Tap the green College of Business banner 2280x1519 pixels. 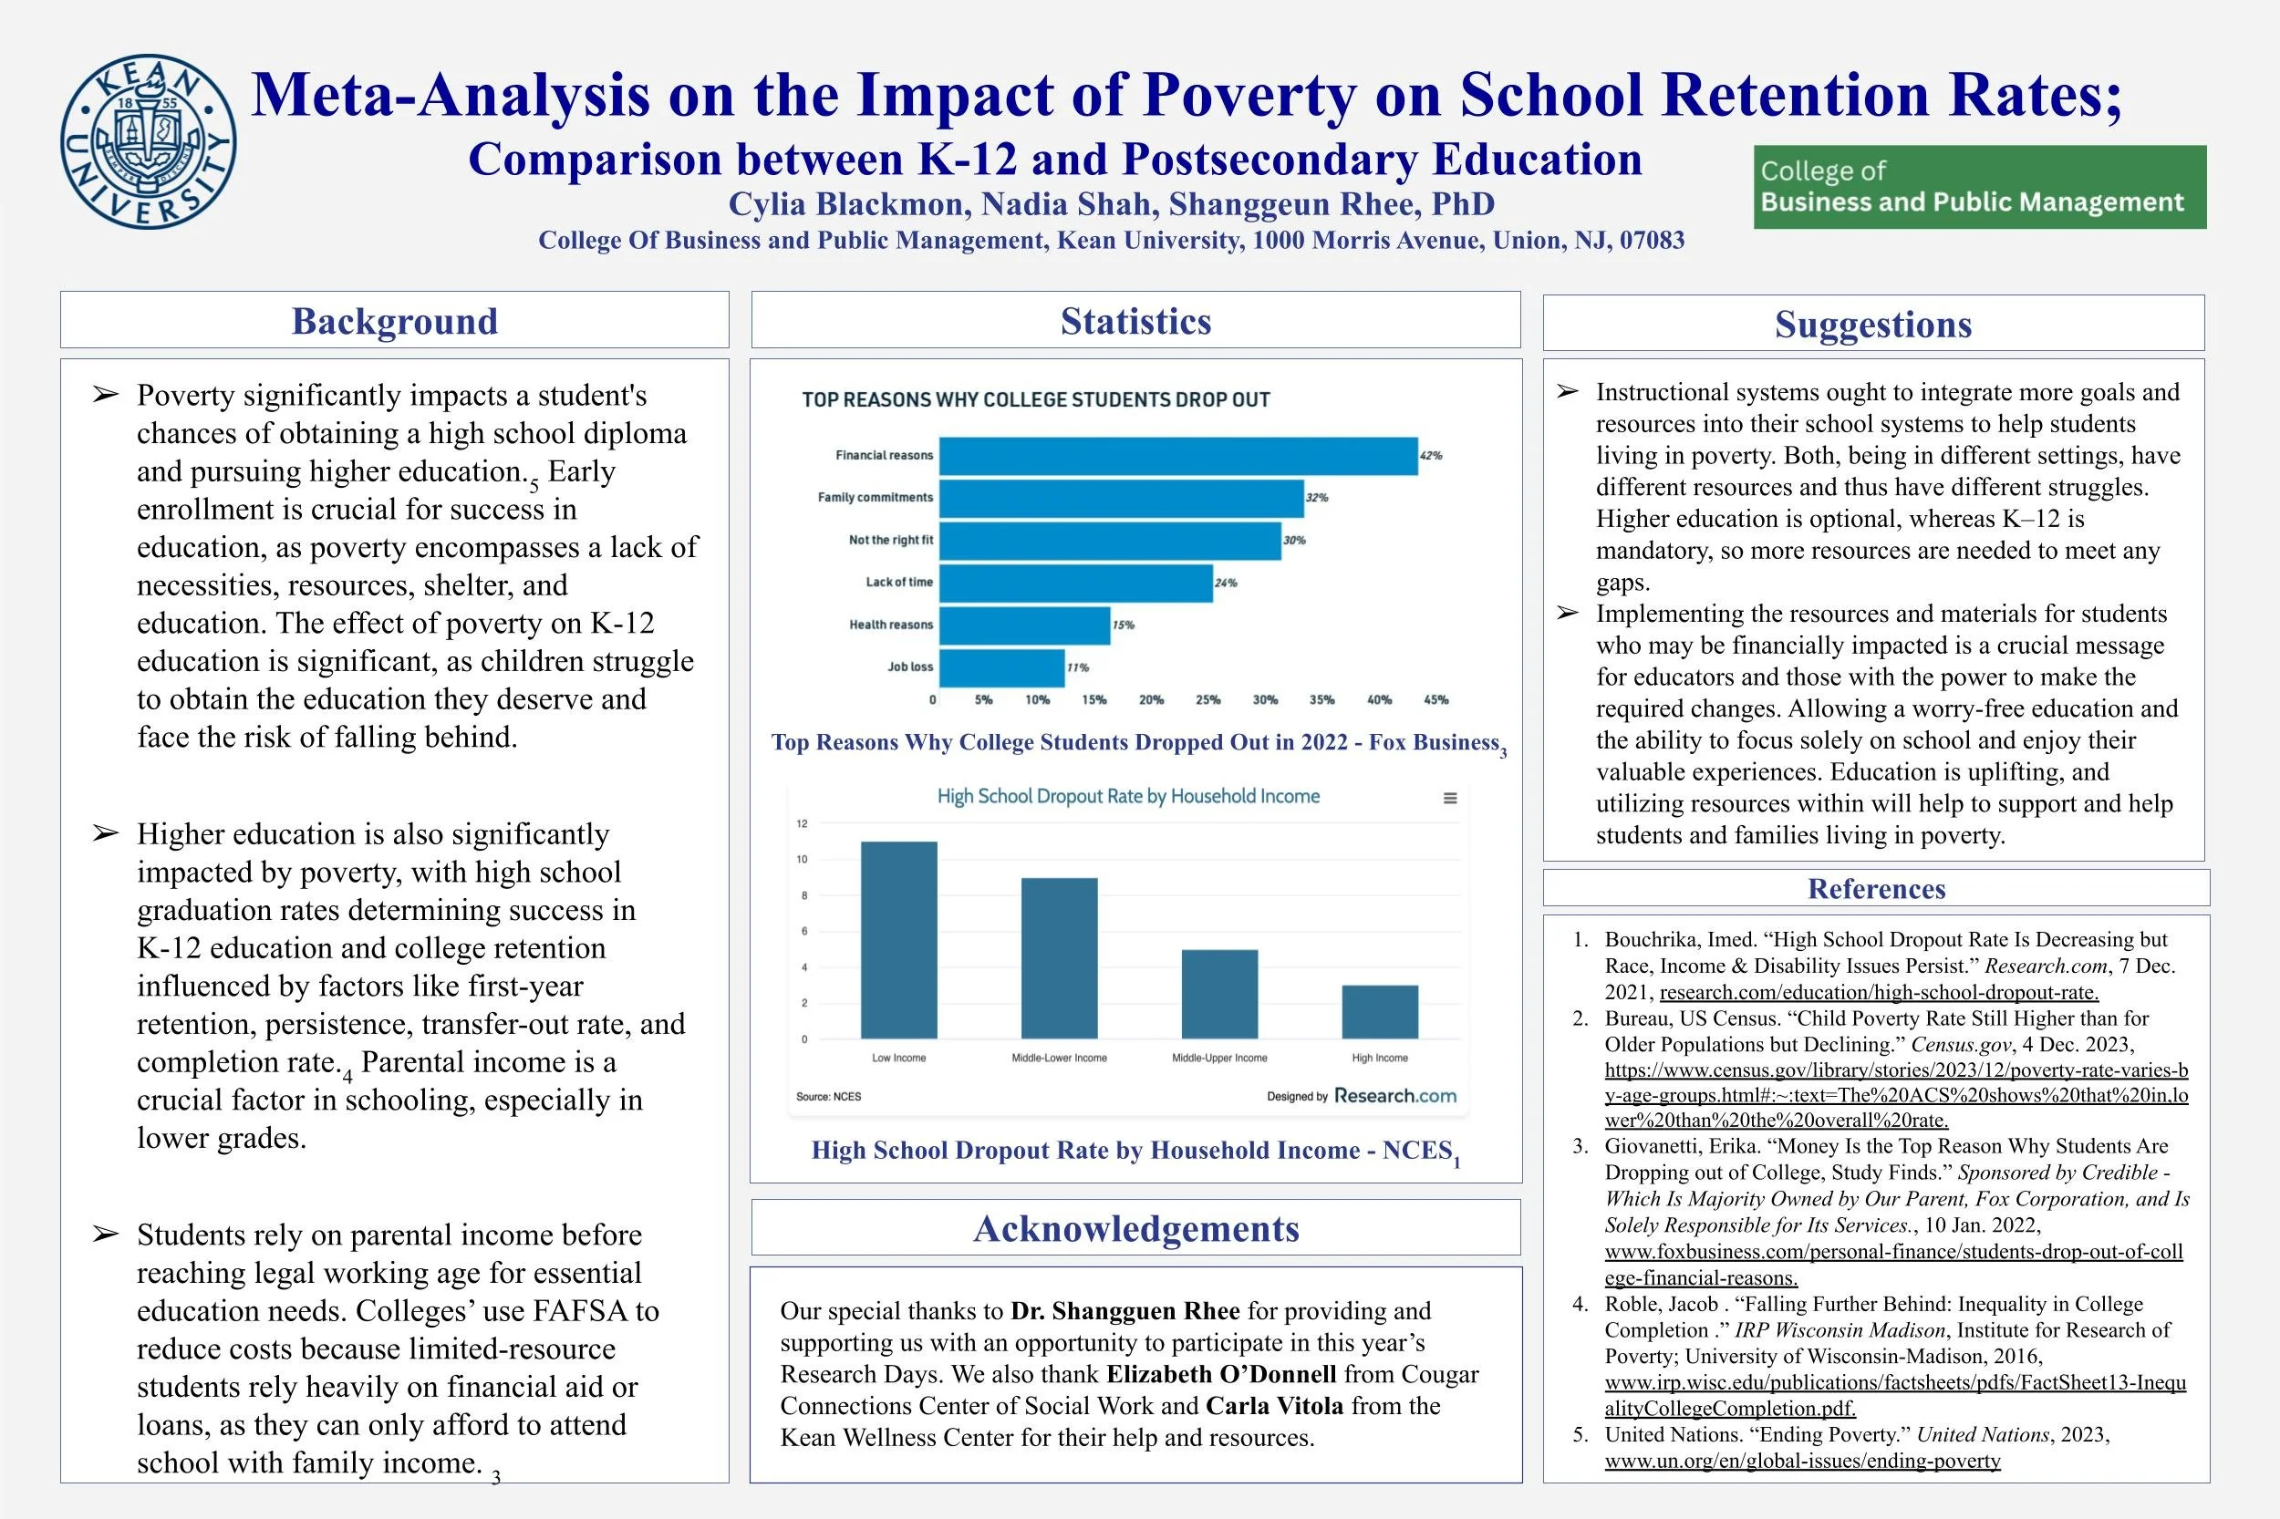[1979, 187]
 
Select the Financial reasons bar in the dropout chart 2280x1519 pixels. [1177, 456]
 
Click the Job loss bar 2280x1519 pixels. [1001, 667]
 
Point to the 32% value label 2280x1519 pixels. [1317, 498]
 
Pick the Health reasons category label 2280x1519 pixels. [890, 625]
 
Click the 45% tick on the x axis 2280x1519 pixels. [1435, 699]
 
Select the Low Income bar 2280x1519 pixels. [898, 940]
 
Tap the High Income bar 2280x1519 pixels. [1379, 1011]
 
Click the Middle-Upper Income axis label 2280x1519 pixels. [1219, 1058]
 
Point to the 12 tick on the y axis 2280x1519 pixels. [803, 824]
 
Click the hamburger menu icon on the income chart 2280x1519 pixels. [1449, 799]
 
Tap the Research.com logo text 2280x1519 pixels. [1394, 1096]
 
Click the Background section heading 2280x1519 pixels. [394, 321]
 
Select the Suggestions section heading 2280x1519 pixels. [1872, 325]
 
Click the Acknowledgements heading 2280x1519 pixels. [1135, 1228]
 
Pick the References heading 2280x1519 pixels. [1876, 888]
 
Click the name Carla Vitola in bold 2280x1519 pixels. [1274, 1406]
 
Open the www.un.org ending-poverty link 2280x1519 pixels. [1801, 1461]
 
